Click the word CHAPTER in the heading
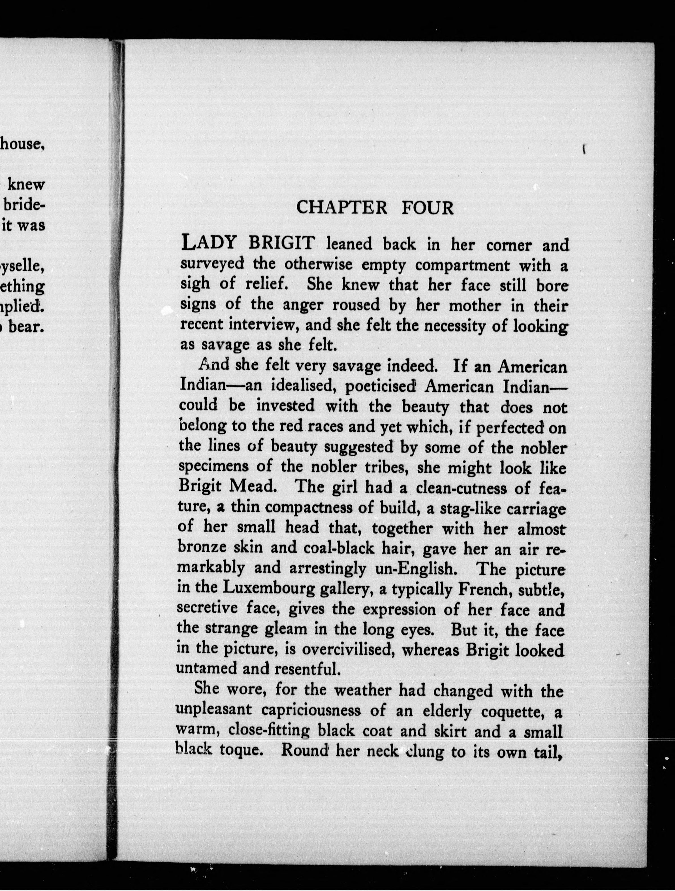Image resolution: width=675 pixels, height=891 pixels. point(341,208)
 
